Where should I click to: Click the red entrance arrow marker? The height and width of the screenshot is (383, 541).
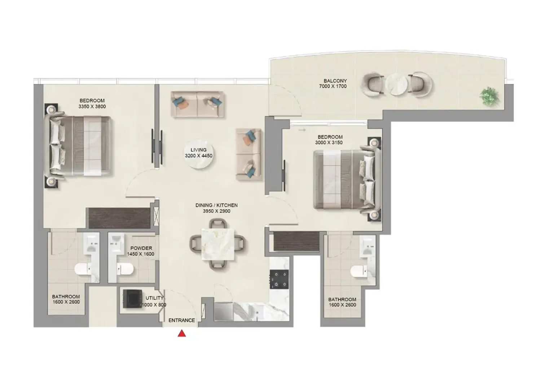tap(182, 334)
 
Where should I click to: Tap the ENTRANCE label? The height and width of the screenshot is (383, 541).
tap(182, 320)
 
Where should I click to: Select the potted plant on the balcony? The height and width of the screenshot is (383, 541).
tap(489, 96)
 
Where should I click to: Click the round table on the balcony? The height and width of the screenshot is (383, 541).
tap(396, 84)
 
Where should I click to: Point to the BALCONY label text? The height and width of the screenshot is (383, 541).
tap(335, 81)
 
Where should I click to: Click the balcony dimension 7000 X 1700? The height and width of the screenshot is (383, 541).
tap(333, 86)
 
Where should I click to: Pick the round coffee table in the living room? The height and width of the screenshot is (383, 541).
tap(199, 153)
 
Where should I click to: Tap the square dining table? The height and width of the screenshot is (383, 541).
tap(218, 244)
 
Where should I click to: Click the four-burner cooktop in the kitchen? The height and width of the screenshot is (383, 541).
tap(279, 279)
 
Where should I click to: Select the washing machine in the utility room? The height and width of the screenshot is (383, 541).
tap(132, 299)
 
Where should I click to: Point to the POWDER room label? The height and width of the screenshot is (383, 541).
tap(141, 248)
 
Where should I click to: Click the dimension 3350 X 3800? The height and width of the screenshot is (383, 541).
tap(92, 106)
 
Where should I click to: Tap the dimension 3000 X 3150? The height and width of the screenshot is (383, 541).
tap(329, 143)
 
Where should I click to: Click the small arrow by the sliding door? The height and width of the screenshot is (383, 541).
tap(302, 130)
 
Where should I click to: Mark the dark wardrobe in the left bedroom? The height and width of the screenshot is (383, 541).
tap(119, 218)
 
